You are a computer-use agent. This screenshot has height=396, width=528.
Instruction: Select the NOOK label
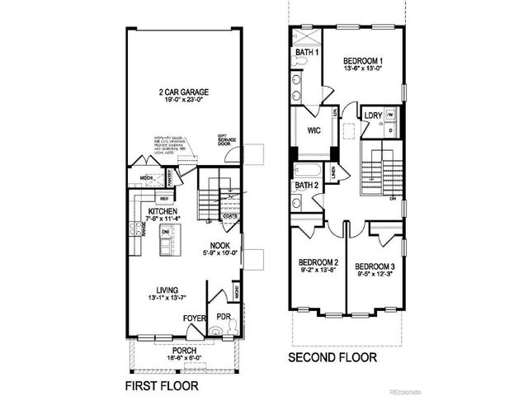click(219, 245)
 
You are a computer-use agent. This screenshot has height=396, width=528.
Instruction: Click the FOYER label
click(195, 316)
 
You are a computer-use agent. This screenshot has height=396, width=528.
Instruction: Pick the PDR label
click(223, 316)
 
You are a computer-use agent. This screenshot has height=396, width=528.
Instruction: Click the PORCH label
click(184, 350)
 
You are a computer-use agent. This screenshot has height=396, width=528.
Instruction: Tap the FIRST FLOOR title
click(163, 384)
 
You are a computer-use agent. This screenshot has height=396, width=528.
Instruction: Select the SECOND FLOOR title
click(332, 358)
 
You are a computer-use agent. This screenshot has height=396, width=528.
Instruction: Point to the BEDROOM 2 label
click(318, 264)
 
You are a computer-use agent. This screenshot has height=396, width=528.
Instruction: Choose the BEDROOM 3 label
click(375, 266)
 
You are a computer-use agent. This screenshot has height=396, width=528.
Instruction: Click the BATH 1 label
click(306, 55)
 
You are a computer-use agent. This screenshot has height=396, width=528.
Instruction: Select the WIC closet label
click(313, 130)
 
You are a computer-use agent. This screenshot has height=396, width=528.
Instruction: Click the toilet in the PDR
click(216, 331)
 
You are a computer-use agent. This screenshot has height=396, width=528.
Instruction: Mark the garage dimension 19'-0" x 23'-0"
click(183, 99)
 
